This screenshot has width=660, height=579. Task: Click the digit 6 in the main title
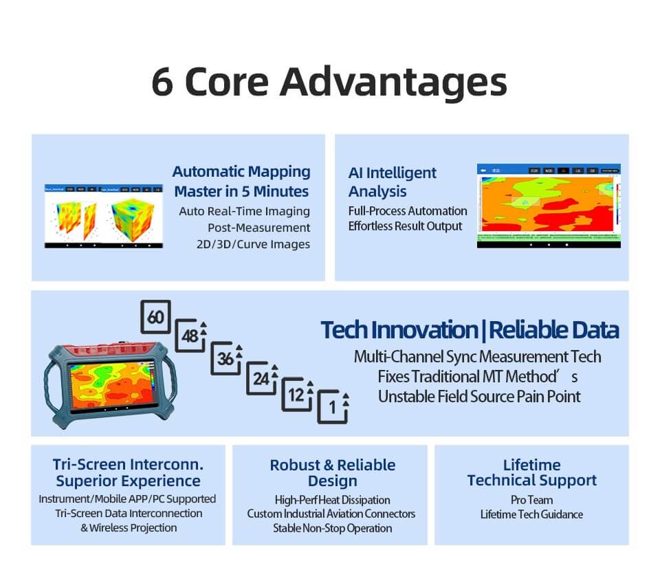[162, 81]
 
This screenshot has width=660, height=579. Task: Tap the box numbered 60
[155, 317]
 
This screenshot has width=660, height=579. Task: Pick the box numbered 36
[225, 358]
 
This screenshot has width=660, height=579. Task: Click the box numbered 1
[333, 408]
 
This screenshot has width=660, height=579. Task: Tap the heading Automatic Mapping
[241, 172]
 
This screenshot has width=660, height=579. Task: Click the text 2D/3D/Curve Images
[254, 244]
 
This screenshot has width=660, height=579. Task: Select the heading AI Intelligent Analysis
[392, 182]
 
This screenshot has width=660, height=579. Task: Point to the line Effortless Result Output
[405, 226]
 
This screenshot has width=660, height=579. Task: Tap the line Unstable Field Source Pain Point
[479, 397]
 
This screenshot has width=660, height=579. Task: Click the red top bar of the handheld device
[109, 351]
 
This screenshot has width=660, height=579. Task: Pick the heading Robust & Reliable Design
[332, 472]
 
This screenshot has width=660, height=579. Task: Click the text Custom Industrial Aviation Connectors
[331, 514]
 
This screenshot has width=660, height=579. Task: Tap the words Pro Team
[531, 500]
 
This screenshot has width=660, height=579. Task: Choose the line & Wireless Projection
[129, 528]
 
